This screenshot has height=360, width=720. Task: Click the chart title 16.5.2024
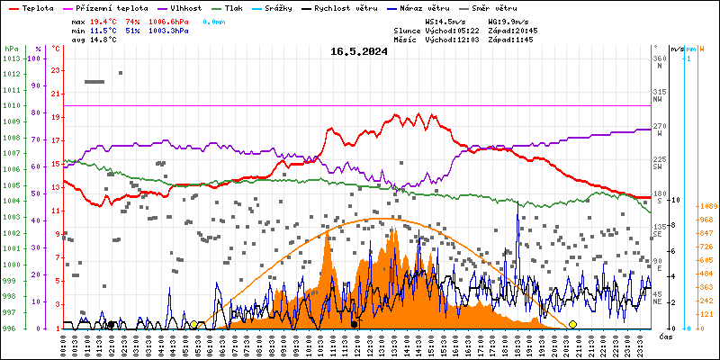coord(359,51)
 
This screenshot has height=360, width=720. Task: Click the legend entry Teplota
coord(38,7)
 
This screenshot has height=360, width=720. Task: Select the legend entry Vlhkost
coord(184,7)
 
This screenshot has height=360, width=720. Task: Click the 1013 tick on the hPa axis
coord(11,58)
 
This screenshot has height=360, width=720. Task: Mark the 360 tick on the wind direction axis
coord(660,58)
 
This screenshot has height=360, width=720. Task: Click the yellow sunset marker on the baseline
coord(573,324)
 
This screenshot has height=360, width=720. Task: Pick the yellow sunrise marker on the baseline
coord(193,324)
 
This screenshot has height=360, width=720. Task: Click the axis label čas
coord(665,337)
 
